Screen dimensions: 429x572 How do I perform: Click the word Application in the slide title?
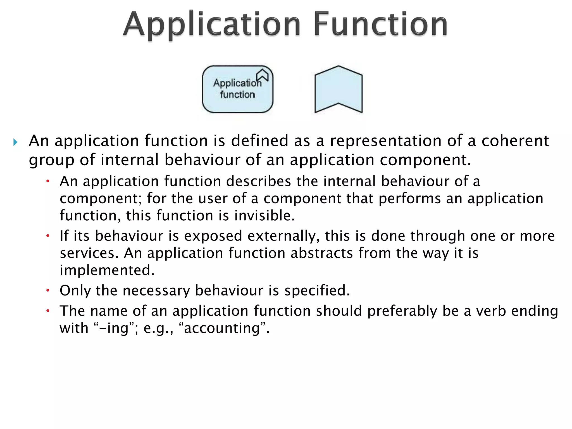point(212,25)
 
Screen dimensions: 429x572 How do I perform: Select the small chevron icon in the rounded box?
point(263,75)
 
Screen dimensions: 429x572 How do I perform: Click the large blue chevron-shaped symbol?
point(339,89)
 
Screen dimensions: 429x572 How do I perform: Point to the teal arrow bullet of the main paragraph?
point(15,143)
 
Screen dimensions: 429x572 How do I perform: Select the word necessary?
point(156,290)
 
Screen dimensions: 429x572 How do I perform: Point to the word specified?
point(317,290)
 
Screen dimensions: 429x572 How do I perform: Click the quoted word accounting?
point(222,328)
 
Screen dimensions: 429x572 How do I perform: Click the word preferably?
point(402,311)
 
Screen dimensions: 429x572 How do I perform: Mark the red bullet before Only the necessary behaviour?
point(48,291)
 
